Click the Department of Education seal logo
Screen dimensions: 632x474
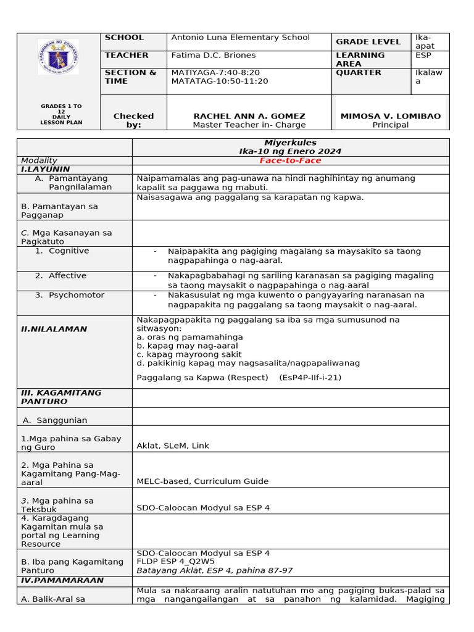point(58,57)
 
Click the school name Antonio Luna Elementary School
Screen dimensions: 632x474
point(240,38)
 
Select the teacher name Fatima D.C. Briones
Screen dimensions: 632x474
point(213,56)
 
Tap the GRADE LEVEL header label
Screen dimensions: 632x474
point(368,42)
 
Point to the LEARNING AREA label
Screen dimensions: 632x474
point(360,59)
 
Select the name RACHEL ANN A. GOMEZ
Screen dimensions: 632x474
point(249,116)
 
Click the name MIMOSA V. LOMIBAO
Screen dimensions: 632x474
point(391,116)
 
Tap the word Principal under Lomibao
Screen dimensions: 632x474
point(391,125)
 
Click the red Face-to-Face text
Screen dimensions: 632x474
point(290,160)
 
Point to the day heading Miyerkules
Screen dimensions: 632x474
point(290,143)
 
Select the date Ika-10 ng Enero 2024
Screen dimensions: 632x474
point(290,151)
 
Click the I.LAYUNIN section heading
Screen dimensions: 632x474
point(46,169)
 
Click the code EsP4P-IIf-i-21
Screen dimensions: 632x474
point(310,378)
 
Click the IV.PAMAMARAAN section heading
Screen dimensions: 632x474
point(62,580)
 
